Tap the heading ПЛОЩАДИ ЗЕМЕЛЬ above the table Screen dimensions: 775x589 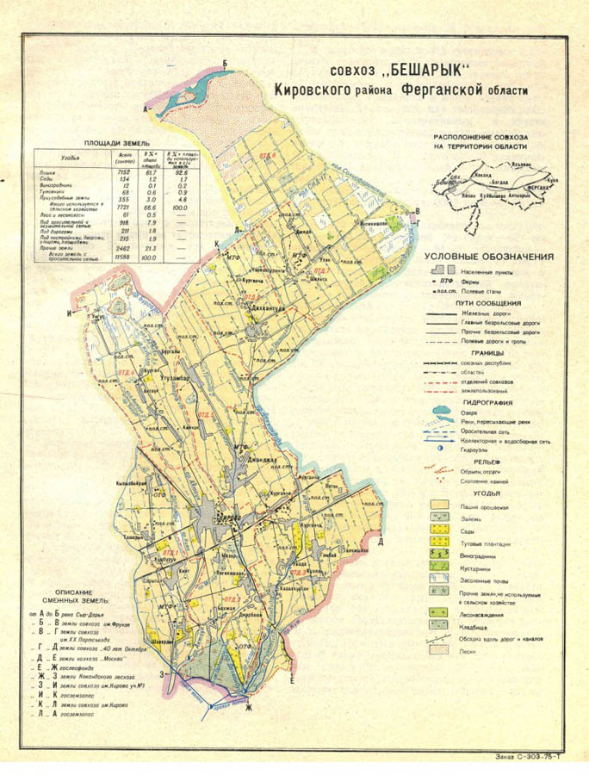tap(116, 143)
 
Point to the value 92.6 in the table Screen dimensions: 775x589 tap(182, 172)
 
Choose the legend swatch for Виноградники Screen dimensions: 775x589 tap(441, 555)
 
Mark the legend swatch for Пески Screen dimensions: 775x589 tap(441, 652)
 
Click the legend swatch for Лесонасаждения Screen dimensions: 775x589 tap(441, 616)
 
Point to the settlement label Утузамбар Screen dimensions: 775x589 tap(182, 375)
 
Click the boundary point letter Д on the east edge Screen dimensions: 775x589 tap(380, 539)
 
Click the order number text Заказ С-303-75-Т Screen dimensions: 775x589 tap(532, 757)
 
